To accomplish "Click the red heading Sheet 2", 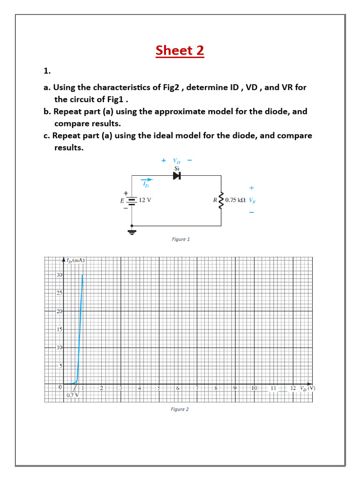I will tap(180, 50).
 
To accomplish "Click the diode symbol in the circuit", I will tap(177, 176).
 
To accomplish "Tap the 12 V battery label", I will tap(145, 200).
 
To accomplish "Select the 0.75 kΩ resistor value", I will tap(236, 200).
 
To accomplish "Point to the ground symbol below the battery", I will tap(132, 232).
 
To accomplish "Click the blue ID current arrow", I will tap(147, 180).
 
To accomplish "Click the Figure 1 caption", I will tap(180, 239).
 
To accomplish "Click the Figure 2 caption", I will tap(180, 409).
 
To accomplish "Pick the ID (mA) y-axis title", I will tap(74, 260).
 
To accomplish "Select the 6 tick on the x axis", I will tap(178, 388).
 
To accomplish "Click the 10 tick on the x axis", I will tap(254, 388).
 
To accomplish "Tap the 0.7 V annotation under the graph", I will tap(73, 395).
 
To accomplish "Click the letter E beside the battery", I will tap(122, 200).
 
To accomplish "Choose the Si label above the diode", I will tap(177, 168).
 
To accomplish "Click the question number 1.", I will tap(46, 71).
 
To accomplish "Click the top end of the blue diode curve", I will tap(82, 275).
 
